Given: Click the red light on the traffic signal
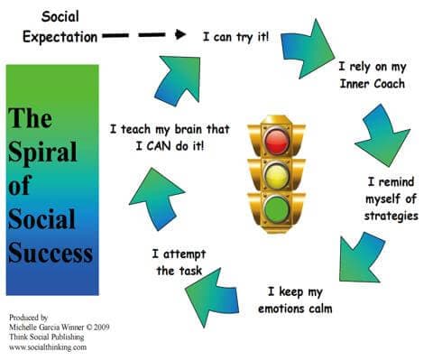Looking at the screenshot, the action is click(x=277, y=141).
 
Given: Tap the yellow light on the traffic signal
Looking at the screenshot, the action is click(x=277, y=176).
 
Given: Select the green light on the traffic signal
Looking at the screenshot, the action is click(x=276, y=209).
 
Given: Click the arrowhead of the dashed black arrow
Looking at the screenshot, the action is click(x=180, y=34).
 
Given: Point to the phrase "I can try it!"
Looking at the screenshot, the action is click(x=235, y=37).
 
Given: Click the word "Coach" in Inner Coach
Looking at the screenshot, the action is click(x=389, y=84).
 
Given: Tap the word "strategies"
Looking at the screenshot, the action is click(x=391, y=217).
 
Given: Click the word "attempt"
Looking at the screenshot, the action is click(x=184, y=254).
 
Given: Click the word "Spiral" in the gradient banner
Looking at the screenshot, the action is click(x=42, y=152).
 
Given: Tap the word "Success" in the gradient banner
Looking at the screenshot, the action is click(x=51, y=253).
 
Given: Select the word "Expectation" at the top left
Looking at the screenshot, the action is click(x=60, y=38).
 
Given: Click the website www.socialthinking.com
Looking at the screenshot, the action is click(x=48, y=347).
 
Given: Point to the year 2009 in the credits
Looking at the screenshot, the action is click(x=101, y=328).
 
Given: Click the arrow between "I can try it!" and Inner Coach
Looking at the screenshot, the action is click(x=308, y=49).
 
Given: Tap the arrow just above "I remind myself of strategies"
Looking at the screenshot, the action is click(x=382, y=135).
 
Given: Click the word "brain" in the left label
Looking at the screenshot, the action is click(x=189, y=130).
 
